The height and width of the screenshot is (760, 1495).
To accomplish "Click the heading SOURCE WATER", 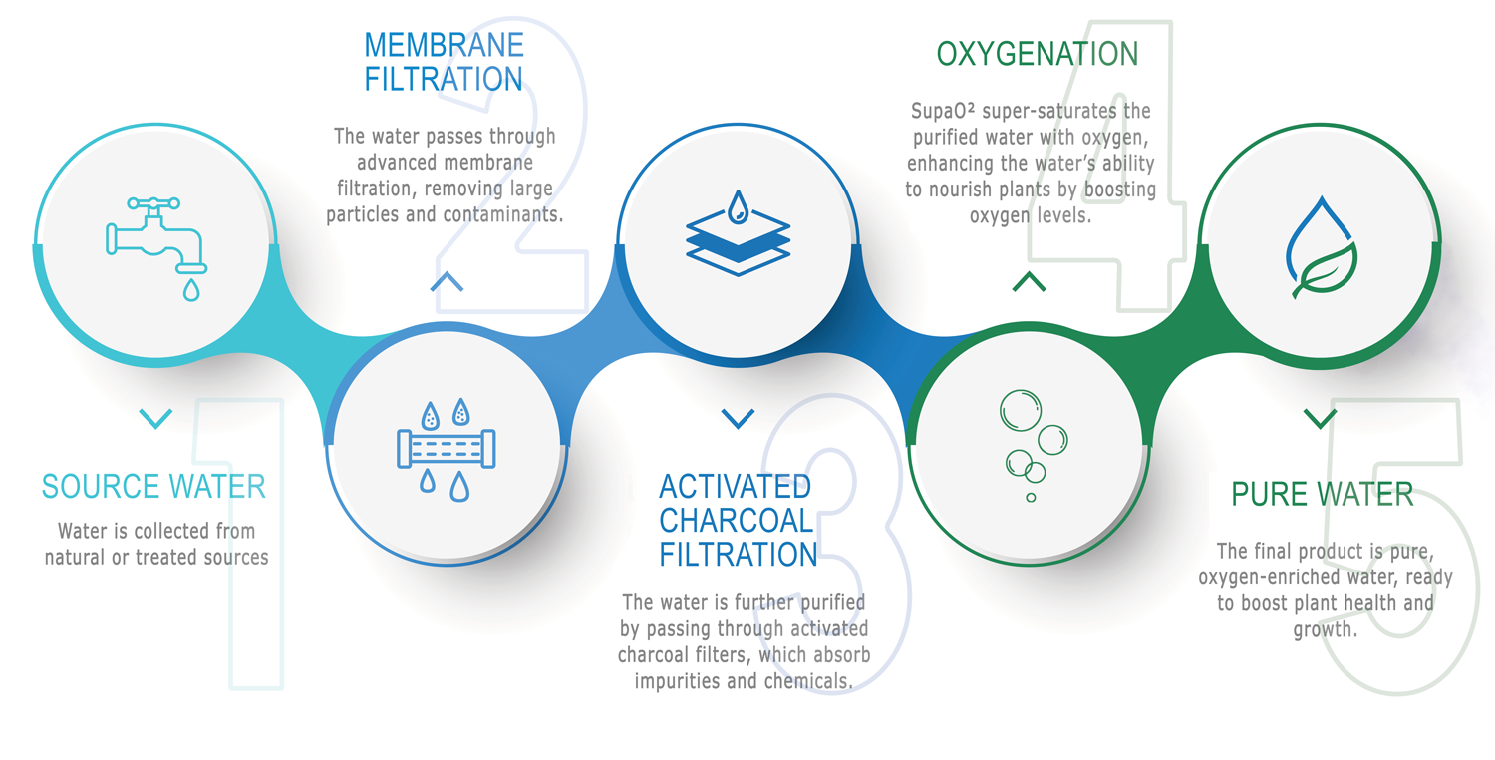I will point(154,487).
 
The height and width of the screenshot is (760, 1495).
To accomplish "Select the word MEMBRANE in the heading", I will point(445,46).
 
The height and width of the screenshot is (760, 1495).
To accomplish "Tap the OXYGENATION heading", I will point(1038,54).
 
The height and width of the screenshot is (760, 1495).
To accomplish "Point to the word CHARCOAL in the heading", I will point(737,521).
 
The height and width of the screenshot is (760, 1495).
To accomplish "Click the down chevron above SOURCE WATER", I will point(155,418).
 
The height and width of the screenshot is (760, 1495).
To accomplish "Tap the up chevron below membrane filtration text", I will point(447,282).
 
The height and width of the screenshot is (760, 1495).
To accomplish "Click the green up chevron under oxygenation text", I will point(1029,282).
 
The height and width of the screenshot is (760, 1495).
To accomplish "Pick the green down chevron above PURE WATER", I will point(1320,417).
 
